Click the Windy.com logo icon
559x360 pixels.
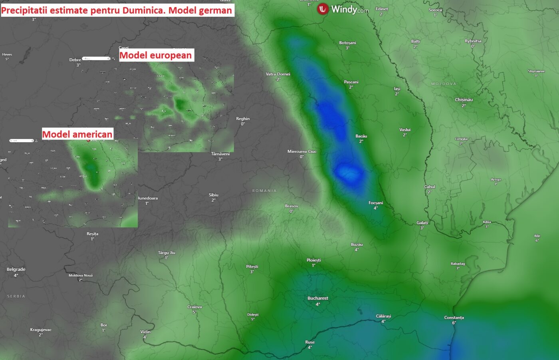[x=323, y=9]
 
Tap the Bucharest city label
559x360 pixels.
[x=318, y=298]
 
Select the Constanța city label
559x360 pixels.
[x=454, y=318]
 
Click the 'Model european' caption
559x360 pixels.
[x=156, y=55]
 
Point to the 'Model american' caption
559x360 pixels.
[x=77, y=134]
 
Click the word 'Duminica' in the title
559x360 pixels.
[x=144, y=10]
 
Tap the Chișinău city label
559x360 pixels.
[x=464, y=99]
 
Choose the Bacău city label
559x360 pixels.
[x=361, y=136]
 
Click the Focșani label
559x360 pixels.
[x=375, y=203]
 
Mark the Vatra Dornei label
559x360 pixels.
[x=278, y=74]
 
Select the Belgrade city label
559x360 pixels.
[x=16, y=269]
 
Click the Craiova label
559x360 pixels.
[x=194, y=307]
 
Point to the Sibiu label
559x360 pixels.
[x=214, y=195]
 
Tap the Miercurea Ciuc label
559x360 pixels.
[x=302, y=151]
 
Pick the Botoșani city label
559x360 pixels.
[x=347, y=43]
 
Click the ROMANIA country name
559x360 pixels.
[x=264, y=191]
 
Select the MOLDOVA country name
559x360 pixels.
[x=444, y=84]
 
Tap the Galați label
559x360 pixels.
[x=422, y=223]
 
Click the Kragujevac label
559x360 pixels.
[x=41, y=330]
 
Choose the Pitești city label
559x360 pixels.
[x=252, y=267]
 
